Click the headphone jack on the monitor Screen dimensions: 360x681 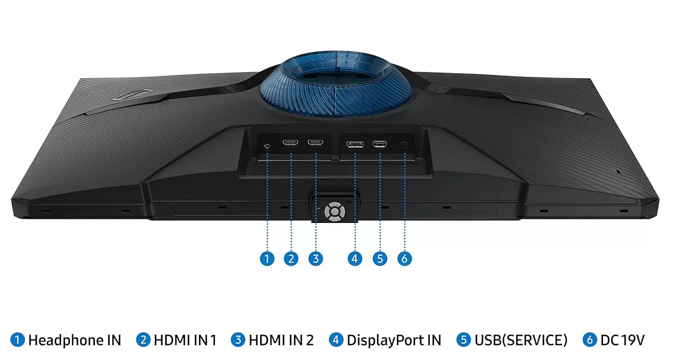(267, 146)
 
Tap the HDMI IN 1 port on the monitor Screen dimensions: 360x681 (291, 143)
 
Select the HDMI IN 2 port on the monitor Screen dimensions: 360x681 (316, 143)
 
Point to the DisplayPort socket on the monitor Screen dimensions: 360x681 (355, 144)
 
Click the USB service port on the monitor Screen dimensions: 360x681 (380, 144)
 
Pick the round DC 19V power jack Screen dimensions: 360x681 (404, 145)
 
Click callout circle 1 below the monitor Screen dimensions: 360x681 (267, 259)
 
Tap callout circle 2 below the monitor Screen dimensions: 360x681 (291, 259)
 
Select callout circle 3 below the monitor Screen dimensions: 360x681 (316, 259)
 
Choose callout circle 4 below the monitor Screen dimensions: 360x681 (355, 259)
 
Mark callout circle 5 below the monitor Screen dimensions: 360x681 (380, 259)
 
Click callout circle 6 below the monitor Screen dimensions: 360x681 (405, 259)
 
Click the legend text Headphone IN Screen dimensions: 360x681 (74, 340)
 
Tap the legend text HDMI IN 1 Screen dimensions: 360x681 (185, 340)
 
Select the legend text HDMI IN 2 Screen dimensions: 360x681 (281, 340)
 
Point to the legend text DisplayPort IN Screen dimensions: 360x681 (394, 340)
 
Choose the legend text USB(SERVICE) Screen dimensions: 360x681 (521, 340)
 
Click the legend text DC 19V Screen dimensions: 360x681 (622, 340)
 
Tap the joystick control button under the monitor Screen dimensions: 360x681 (335, 211)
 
